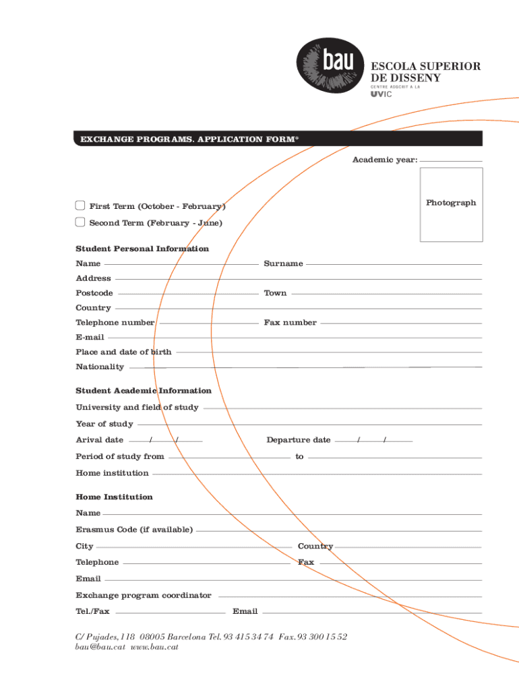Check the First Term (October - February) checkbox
[x=80, y=206]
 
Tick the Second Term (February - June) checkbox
[x=80, y=222]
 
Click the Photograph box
[x=451, y=204]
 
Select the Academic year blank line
[x=450, y=160]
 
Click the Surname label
[x=283, y=263]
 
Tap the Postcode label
[x=94, y=293]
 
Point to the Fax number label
[x=290, y=323]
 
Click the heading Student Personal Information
[x=142, y=249]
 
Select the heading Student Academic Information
[x=144, y=391]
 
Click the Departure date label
[x=298, y=440]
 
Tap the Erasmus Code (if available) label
[x=134, y=530]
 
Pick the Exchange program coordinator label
[x=144, y=596]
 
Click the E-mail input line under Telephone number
[x=294, y=337]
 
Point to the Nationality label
[x=100, y=367]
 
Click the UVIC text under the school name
[x=381, y=94]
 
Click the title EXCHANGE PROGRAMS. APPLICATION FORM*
[x=189, y=139]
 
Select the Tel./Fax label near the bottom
[x=92, y=612]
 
